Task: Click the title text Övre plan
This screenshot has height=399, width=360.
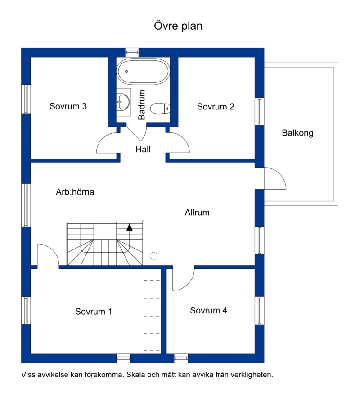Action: [x=178, y=26]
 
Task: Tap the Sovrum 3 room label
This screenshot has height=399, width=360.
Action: [x=68, y=106]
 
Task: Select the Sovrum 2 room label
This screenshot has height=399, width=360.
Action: [x=216, y=106]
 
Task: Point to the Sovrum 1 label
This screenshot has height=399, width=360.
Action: [x=94, y=312]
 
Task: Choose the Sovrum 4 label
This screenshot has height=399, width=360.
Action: [x=208, y=310]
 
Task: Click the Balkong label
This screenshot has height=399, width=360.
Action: [x=297, y=133]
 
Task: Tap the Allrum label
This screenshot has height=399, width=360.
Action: [x=197, y=213]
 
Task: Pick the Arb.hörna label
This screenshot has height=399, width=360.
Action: [x=75, y=192]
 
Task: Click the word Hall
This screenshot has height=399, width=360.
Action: [x=143, y=149]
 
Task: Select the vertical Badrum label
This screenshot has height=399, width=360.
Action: [x=141, y=104]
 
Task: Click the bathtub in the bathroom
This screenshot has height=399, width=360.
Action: [x=143, y=72]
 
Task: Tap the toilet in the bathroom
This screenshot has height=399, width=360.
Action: [x=160, y=109]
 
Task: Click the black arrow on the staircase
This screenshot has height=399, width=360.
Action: [x=130, y=227]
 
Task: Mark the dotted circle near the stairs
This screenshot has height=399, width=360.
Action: [x=153, y=255]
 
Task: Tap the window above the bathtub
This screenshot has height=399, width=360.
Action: [x=132, y=52]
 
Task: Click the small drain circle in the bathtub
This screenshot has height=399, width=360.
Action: [x=126, y=71]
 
